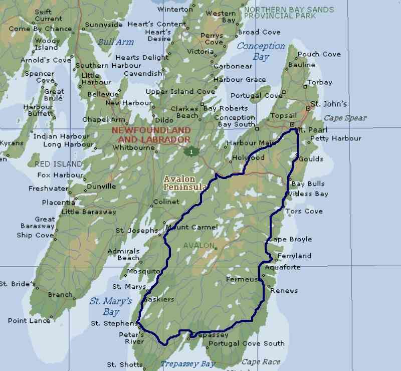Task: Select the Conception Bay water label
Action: (261, 51)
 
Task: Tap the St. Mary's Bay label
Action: (111, 306)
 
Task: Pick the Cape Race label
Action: (258, 361)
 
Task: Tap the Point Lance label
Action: (29, 321)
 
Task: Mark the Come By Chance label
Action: (40, 29)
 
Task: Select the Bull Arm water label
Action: (116, 42)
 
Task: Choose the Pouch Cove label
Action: (319, 54)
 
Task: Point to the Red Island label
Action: (58, 164)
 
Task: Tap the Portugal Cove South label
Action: (246, 343)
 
